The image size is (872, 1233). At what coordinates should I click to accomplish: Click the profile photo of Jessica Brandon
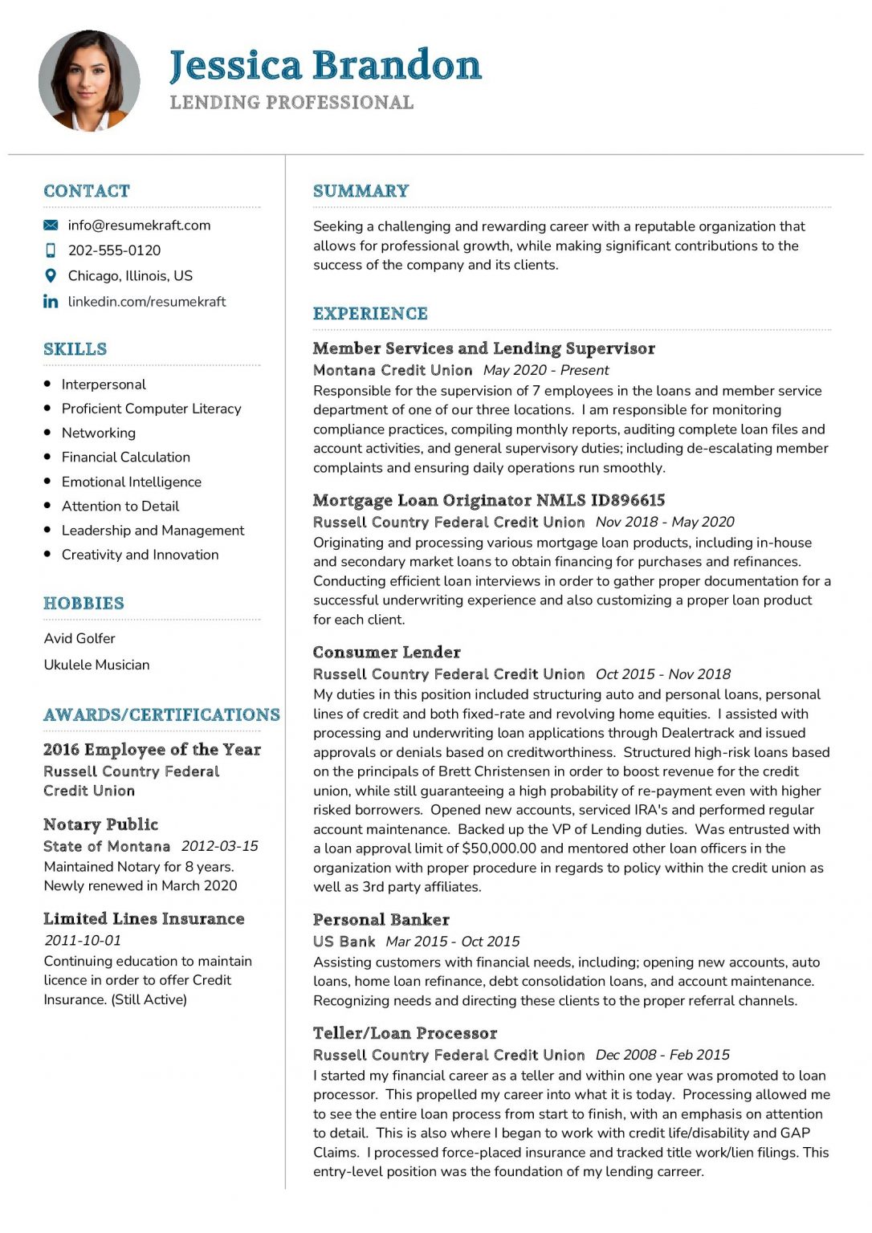pyautogui.click(x=89, y=81)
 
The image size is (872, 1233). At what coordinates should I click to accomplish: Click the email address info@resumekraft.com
pyautogui.click(x=139, y=226)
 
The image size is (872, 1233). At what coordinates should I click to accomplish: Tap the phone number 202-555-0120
pyautogui.click(x=114, y=250)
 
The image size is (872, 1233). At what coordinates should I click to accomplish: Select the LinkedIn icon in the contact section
pyautogui.click(x=51, y=302)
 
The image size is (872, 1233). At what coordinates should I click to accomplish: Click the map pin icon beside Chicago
pyautogui.click(x=51, y=276)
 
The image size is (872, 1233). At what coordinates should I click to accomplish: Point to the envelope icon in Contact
pyautogui.click(x=51, y=226)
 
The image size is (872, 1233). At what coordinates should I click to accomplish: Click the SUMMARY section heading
pyautogui.click(x=361, y=191)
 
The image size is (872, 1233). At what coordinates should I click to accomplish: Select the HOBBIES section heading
pyautogui.click(x=84, y=604)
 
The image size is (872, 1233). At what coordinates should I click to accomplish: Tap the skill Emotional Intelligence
pyautogui.click(x=131, y=482)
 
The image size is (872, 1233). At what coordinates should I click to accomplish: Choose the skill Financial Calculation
pyautogui.click(x=125, y=458)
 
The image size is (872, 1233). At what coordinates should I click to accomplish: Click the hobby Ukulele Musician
pyautogui.click(x=96, y=665)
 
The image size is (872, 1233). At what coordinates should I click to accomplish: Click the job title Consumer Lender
pyautogui.click(x=386, y=653)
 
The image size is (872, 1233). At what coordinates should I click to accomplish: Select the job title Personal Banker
pyautogui.click(x=381, y=920)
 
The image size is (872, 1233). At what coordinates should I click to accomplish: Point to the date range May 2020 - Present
pyautogui.click(x=546, y=370)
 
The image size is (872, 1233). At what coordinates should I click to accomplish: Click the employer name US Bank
pyautogui.click(x=344, y=942)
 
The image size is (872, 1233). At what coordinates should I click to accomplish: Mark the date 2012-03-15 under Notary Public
pyautogui.click(x=219, y=846)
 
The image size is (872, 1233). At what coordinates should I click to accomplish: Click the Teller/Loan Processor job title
pyautogui.click(x=405, y=1033)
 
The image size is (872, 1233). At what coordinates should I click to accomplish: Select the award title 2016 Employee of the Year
pyautogui.click(x=152, y=750)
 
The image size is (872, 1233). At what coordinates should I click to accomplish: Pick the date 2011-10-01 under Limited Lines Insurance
pyautogui.click(x=82, y=940)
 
